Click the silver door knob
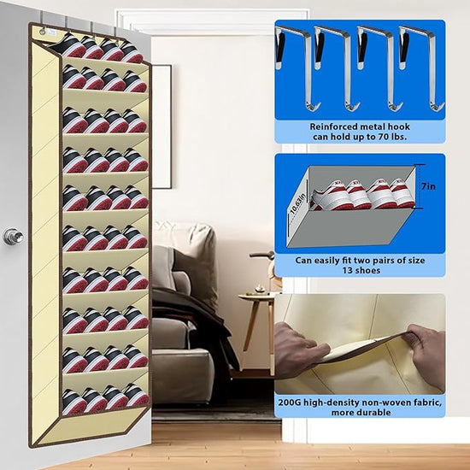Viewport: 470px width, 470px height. [x=13, y=237]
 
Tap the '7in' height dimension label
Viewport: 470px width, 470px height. [x=428, y=186]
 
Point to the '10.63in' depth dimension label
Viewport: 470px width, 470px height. [x=298, y=204]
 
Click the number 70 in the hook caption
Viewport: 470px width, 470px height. [x=377, y=137]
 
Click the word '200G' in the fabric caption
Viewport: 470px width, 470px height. [x=290, y=402]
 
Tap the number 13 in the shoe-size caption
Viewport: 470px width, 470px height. [x=348, y=270]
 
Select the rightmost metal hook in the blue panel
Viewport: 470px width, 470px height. [x=420, y=67]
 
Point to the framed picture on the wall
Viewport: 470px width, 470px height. [x=162, y=126]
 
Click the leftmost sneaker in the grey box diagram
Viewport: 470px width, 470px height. [x=330, y=196]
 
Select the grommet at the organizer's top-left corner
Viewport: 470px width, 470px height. [x=42, y=32]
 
